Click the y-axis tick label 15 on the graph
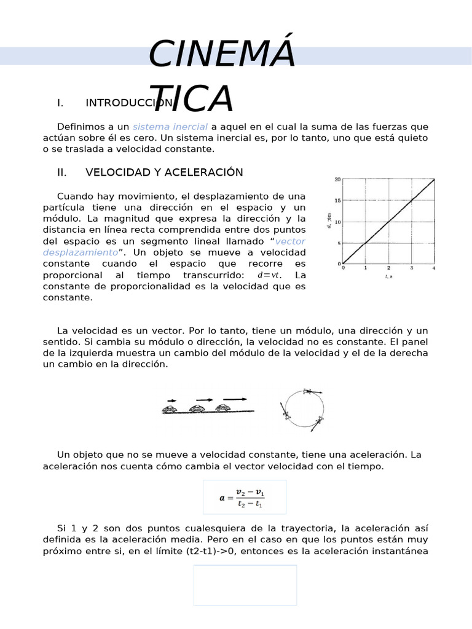pos(337,200)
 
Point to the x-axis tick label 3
pos(412,268)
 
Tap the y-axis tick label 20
pos(337,179)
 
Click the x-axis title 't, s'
pos(388,277)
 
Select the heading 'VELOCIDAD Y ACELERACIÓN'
pos(164,173)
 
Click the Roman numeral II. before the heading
pos(61,173)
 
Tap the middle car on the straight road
pos(197,408)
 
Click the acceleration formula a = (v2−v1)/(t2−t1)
pos(245,498)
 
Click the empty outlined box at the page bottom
pos(245,585)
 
